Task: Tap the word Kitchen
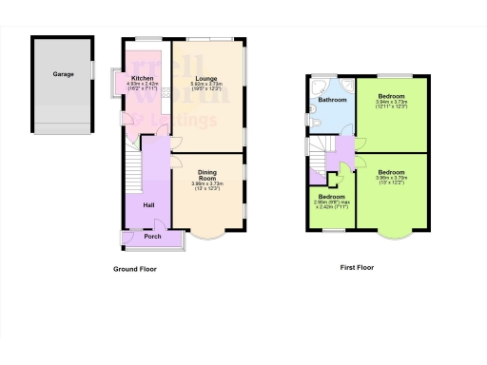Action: (143, 79)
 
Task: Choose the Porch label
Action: (152, 237)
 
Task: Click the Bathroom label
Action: (332, 100)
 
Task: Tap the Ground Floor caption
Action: (134, 269)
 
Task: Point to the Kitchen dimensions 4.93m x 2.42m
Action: (143, 86)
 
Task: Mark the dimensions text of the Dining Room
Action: (206, 186)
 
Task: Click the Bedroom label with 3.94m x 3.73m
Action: (391, 97)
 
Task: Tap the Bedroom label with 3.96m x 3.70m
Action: (391, 172)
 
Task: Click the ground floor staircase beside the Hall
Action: (133, 171)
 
